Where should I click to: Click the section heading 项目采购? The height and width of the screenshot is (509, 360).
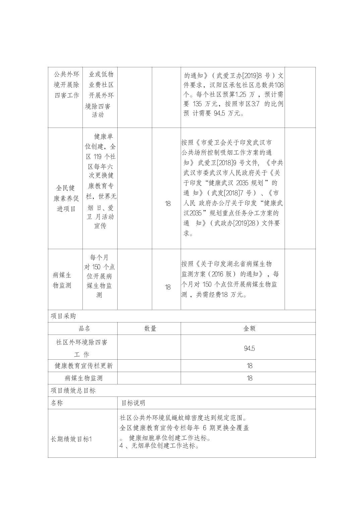coord(63,316)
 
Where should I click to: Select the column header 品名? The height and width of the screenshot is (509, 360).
coord(84,329)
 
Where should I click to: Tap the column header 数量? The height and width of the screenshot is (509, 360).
coord(150,329)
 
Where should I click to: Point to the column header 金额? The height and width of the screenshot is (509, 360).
coord(249,329)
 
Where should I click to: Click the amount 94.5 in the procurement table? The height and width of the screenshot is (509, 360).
coord(249,348)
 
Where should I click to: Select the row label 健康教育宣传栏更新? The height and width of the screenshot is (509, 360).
coord(84,366)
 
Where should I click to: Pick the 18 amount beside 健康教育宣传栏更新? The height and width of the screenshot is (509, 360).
coord(249,366)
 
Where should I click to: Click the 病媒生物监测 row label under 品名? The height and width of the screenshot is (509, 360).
coord(84,378)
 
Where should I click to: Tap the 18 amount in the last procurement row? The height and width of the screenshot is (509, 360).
coord(249,378)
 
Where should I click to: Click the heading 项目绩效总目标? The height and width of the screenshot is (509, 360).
coord(73,390)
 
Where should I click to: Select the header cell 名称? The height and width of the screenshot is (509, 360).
coord(57,403)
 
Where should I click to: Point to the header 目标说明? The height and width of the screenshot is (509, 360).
coord(133,403)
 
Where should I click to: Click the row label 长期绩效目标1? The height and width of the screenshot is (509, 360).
coord(71,439)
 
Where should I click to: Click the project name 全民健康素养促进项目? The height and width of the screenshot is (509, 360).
coord(66,198)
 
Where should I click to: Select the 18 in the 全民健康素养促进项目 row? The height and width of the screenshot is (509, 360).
coord(168,203)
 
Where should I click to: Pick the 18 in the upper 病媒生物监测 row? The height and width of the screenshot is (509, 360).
coord(168,287)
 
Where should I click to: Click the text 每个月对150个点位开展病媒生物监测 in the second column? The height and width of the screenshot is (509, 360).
coord(100,276)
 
